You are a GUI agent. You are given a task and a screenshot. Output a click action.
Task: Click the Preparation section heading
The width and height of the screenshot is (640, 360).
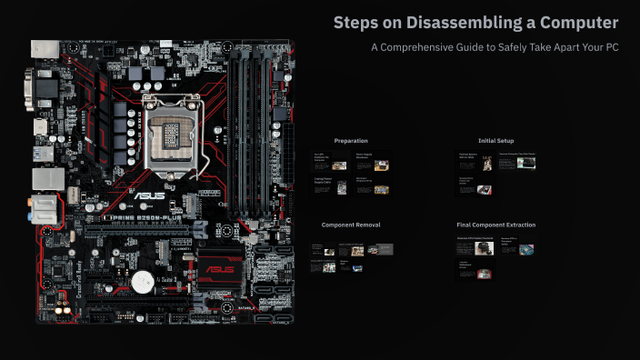[x=351, y=141]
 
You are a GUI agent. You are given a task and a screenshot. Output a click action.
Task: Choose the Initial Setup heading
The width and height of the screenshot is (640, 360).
[x=495, y=141]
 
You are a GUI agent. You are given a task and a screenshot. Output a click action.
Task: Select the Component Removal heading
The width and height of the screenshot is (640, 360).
[x=351, y=225]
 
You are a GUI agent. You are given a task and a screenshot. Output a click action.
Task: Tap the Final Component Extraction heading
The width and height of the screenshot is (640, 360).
[x=495, y=225]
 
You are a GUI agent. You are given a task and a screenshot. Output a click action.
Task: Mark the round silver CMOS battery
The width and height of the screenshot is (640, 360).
[x=142, y=282]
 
